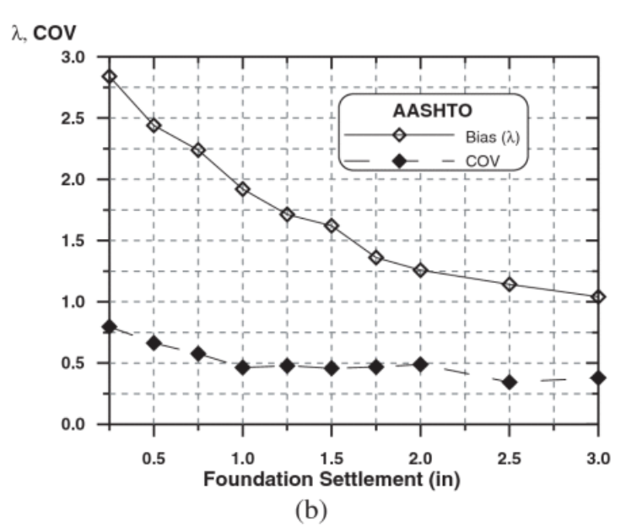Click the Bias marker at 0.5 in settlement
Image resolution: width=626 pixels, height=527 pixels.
pyautogui.click(x=154, y=125)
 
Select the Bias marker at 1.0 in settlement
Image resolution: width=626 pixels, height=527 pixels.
pyautogui.click(x=243, y=189)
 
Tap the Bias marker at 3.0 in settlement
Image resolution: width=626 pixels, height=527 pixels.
pyautogui.click(x=599, y=297)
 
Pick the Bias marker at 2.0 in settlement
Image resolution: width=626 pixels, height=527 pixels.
pyautogui.click(x=421, y=270)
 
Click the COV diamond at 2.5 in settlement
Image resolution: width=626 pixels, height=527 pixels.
pyautogui.click(x=510, y=383)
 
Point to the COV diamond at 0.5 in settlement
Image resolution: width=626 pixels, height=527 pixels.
pyautogui.click(x=154, y=343)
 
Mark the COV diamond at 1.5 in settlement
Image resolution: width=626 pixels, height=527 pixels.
pyautogui.click(x=332, y=368)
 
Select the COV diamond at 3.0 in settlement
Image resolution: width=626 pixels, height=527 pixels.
pyautogui.click(x=599, y=378)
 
